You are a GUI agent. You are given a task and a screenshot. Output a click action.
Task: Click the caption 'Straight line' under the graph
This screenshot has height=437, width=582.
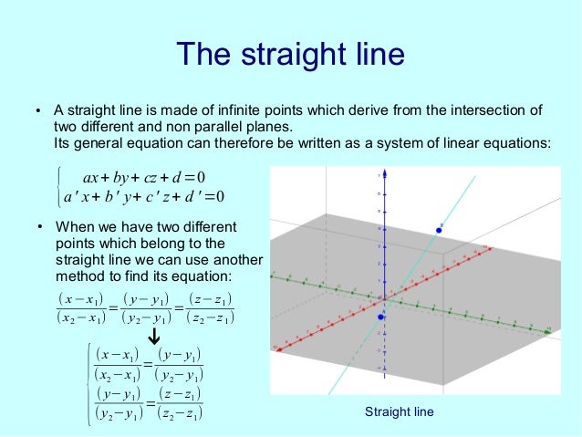click(400, 412)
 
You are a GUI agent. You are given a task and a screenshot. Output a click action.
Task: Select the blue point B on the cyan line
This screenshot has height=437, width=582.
click(439, 230)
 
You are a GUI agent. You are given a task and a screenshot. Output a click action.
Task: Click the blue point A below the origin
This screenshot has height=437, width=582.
click(381, 317)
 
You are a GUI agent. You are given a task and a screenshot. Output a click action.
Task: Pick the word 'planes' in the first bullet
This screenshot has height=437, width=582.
click(275, 128)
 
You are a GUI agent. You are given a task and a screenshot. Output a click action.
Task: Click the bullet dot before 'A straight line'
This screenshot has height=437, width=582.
click(38, 112)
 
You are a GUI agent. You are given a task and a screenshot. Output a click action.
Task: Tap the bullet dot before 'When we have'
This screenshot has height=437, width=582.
click(38, 226)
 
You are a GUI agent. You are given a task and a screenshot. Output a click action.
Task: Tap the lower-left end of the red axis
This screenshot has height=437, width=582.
click(278, 349)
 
